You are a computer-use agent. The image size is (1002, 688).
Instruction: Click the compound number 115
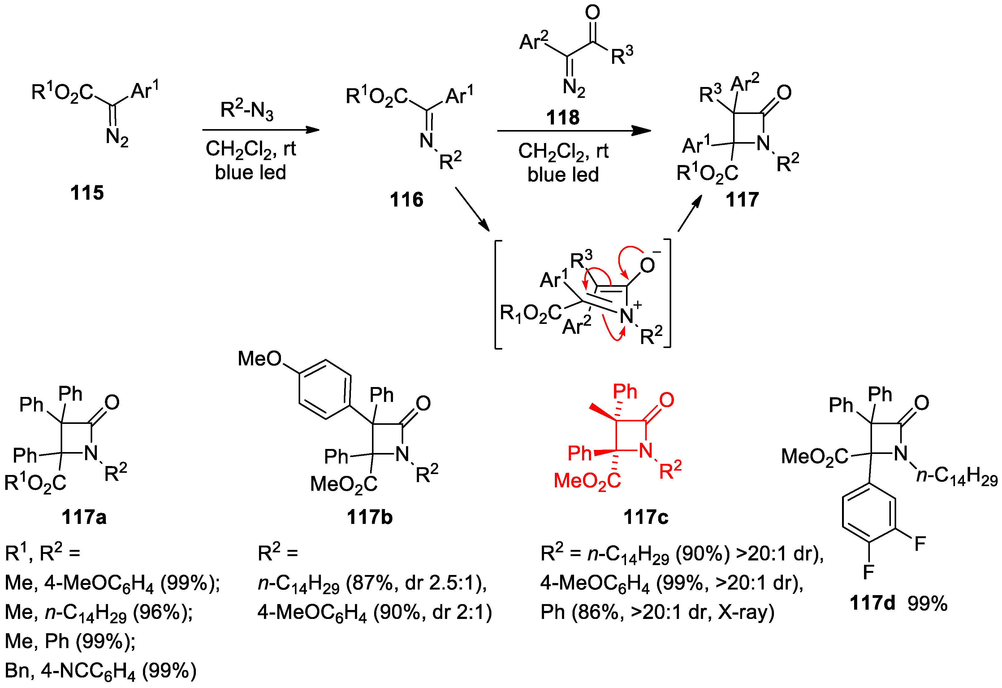coord(87,193)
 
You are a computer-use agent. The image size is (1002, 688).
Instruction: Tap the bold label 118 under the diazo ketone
coord(563,117)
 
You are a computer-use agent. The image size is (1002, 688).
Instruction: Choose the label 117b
coord(369,517)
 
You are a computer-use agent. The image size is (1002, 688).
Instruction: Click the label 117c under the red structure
coord(646,517)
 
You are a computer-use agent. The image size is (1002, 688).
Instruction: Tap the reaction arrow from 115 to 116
coord(261,130)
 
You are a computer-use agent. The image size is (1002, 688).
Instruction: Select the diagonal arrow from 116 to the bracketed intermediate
coord(472,209)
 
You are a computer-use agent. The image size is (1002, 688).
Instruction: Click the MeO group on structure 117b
coord(260,359)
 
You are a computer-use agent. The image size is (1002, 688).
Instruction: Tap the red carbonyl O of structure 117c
coord(667,400)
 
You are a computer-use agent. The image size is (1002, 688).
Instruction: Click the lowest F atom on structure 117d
coord(868,572)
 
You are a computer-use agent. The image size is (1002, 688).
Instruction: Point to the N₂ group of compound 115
coord(117,138)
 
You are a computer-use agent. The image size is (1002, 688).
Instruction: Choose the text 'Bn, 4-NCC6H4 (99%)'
coord(101,671)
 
